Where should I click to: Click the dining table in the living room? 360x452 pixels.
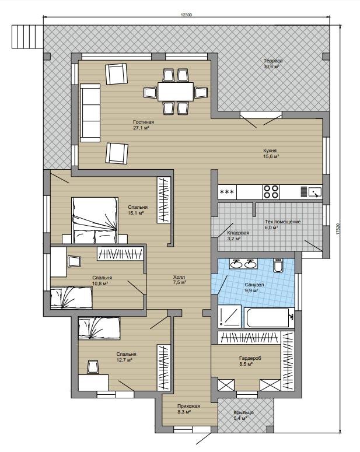point(176,92)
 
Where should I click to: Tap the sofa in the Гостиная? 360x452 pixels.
point(90,113)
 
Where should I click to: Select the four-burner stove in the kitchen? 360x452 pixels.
point(271,192)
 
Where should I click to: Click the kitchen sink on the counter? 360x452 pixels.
point(314,192)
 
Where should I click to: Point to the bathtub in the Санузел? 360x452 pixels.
point(268,318)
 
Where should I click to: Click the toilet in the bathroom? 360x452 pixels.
point(278,265)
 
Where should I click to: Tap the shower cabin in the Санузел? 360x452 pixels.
point(229,316)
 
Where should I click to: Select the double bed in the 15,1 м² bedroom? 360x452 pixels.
point(95,220)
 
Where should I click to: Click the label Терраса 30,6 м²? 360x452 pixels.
point(272,64)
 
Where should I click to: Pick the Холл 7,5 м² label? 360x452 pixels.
point(180,279)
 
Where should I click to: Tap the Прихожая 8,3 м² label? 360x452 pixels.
point(188,409)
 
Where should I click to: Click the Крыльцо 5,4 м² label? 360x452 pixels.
point(243,415)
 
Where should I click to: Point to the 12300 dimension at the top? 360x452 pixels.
point(186,15)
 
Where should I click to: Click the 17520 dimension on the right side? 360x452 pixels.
point(338,229)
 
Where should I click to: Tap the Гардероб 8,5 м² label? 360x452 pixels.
point(250,361)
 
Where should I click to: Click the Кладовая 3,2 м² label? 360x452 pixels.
point(237,236)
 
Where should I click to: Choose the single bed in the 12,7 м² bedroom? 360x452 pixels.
point(99,328)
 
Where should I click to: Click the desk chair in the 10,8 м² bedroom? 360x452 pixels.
point(75,261)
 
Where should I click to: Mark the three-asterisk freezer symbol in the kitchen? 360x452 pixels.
point(227,192)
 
